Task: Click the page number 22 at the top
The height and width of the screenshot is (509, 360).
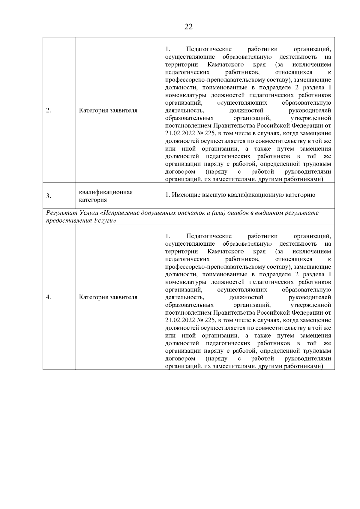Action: [x=188, y=27]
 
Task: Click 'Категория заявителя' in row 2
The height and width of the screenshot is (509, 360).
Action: [x=108, y=110]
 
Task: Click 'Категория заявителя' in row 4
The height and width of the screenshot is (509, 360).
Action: [x=108, y=297]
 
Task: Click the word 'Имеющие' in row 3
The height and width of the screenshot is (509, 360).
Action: [x=184, y=195]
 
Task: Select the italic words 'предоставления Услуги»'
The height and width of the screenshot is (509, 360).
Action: [x=81, y=220]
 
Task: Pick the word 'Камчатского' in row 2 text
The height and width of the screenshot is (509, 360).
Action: [x=225, y=65]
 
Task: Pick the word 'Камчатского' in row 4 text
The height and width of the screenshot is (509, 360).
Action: [x=225, y=251]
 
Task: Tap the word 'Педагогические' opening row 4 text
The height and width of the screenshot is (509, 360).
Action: [x=209, y=236]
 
